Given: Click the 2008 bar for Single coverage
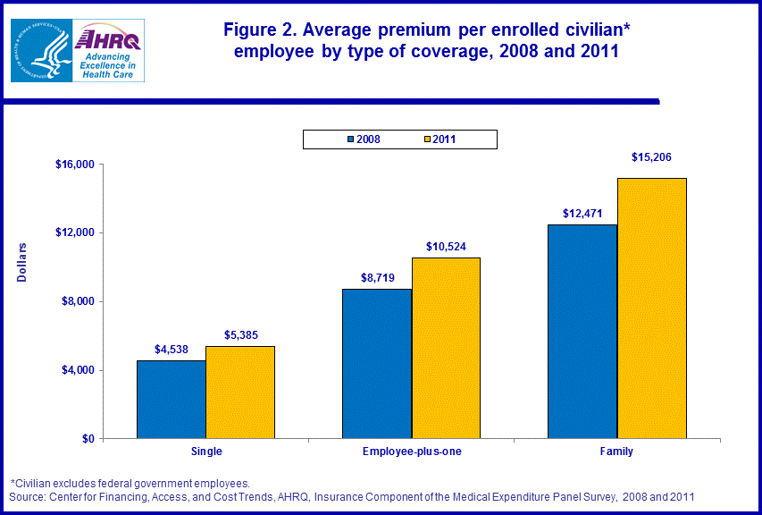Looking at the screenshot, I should [x=171, y=399].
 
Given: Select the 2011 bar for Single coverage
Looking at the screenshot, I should [x=239, y=392].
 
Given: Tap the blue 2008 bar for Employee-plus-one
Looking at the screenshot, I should [x=377, y=363].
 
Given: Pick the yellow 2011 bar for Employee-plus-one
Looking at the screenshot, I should [x=446, y=348].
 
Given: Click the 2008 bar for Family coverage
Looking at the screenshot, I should [x=582, y=331].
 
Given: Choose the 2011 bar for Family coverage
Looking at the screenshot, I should [x=651, y=308].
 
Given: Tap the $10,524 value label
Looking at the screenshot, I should [x=445, y=246].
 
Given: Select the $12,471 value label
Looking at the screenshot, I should [x=583, y=214].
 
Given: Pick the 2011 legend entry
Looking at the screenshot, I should [x=440, y=139].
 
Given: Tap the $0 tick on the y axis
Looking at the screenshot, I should [x=87, y=439].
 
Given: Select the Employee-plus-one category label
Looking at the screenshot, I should [x=412, y=452].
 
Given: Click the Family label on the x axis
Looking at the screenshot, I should [x=616, y=452].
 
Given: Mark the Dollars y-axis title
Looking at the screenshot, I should [x=23, y=262].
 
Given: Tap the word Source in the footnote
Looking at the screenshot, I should [x=26, y=496].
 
